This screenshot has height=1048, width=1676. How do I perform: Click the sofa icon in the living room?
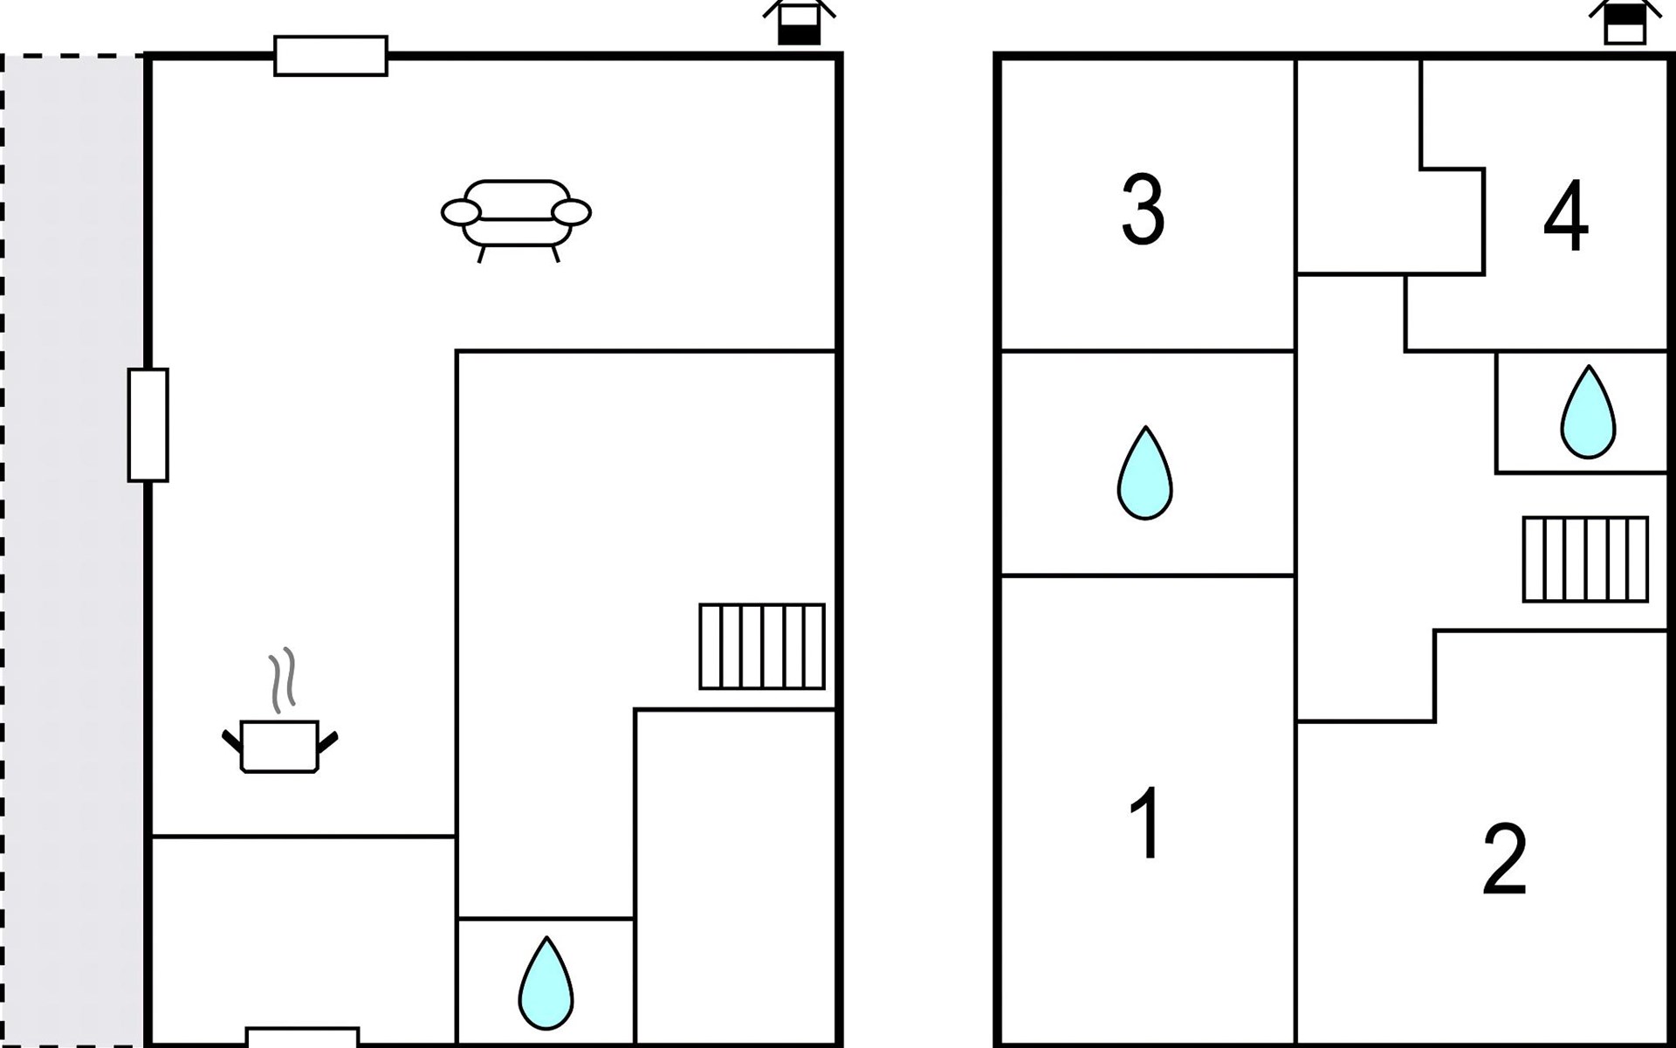click(516, 217)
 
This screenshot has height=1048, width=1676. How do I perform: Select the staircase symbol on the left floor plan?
click(762, 646)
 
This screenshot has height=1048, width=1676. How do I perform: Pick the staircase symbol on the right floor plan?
click(1585, 559)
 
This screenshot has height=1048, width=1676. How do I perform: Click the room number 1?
click(1144, 823)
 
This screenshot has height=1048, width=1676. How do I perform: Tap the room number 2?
click(1504, 859)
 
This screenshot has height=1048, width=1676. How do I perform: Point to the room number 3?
click(1143, 210)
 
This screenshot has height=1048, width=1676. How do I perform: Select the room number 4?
click(1565, 217)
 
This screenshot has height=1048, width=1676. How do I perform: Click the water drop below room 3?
click(1144, 473)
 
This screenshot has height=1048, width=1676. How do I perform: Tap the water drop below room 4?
click(1588, 412)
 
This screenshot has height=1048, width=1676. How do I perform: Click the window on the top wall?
click(331, 56)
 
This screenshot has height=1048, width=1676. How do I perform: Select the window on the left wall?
click(148, 425)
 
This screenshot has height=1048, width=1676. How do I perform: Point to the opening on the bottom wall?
click(303, 1038)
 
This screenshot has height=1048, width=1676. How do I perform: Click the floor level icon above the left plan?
click(799, 23)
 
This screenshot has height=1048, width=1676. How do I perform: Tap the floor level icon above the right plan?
click(1624, 23)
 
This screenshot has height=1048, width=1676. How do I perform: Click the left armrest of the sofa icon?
click(460, 212)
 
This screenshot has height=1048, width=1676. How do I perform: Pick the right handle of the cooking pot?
click(328, 741)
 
